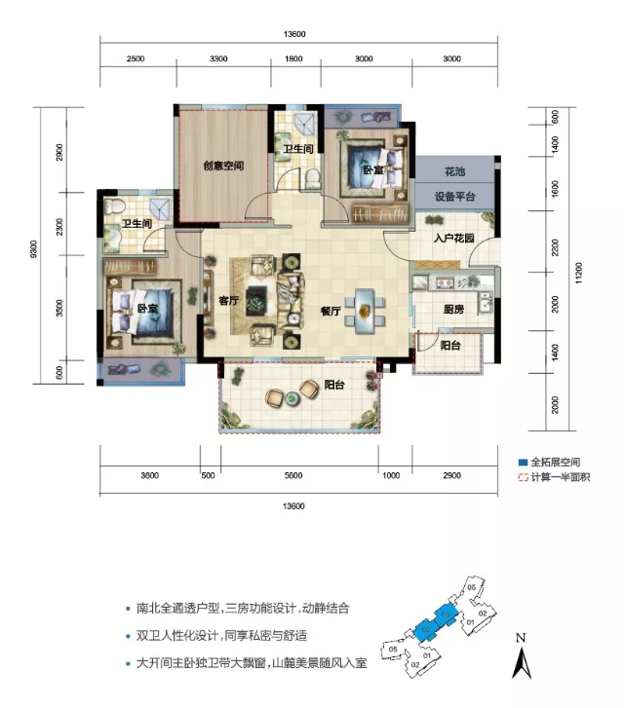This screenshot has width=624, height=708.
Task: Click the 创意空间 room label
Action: tap(223, 166)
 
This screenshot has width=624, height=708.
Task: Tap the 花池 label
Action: tap(454, 171)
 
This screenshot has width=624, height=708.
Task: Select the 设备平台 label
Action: tap(454, 196)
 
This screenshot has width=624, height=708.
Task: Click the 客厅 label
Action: tap(229, 300)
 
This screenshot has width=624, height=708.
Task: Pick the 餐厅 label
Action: tap(330, 312)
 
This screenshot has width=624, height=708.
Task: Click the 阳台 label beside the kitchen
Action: tap(450, 345)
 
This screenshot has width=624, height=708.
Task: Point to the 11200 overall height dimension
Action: tap(578, 277)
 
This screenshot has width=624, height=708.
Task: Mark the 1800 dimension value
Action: tap(293, 59)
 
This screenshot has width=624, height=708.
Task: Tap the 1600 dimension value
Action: tap(555, 187)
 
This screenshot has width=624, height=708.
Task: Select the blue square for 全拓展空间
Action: tap(522, 463)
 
